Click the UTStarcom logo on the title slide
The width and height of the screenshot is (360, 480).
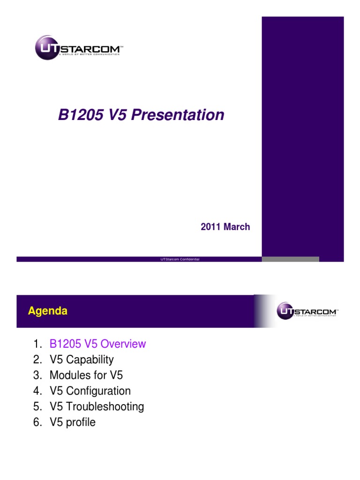point(79,47)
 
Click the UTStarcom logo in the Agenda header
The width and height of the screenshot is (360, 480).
point(307,310)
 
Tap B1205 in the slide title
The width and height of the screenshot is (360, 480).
point(77,115)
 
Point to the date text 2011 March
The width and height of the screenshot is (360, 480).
point(225,227)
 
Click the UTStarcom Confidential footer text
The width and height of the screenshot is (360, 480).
point(180,259)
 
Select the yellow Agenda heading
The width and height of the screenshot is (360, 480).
point(47,311)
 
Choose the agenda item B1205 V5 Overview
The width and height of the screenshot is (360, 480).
point(97,344)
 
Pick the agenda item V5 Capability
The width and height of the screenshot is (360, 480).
point(82,360)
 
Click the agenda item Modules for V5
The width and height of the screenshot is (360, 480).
point(86,375)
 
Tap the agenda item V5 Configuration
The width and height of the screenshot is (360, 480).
point(90,391)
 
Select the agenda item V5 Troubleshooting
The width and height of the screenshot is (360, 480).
point(97,406)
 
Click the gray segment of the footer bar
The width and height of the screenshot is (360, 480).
point(290,259)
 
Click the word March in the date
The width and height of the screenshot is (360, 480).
point(237,227)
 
